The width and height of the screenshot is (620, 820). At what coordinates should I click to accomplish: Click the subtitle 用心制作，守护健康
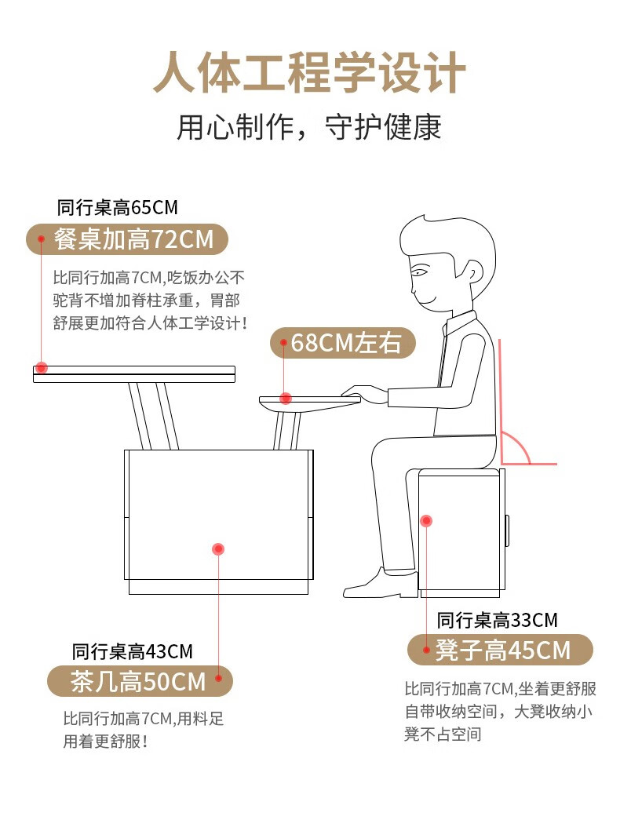[x=309, y=127]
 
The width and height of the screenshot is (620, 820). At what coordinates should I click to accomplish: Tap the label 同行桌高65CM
[x=117, y=208]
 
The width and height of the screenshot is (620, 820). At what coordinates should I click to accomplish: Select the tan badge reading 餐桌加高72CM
[x=127, y=239]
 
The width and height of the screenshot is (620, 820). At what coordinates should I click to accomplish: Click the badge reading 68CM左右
[x=343, y=343]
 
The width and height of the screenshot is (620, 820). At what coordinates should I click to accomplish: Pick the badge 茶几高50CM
[x=140, y=681]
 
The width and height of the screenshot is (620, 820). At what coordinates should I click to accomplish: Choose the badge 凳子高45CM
[x=500, y=650]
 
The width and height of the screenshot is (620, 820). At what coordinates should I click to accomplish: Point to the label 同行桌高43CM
[x=133, y=651]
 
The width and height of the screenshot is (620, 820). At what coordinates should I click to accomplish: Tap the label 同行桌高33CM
[x=497, y=621]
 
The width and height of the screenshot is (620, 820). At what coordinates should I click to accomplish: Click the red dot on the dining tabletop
[x=42, y=368]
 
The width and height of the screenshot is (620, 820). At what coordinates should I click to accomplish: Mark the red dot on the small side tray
[x=286, y=399]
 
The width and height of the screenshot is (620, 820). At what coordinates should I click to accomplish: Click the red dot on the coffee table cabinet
[x=218, y=549]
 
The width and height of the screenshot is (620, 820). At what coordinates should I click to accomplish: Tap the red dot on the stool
[x=426, y=521]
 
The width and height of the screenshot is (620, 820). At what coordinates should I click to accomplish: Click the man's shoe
[x=381, y=585]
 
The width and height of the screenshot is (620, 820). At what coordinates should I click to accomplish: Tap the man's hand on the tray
[x=365, y=395]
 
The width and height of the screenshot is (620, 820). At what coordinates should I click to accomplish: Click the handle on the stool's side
[x=507, y=530]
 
